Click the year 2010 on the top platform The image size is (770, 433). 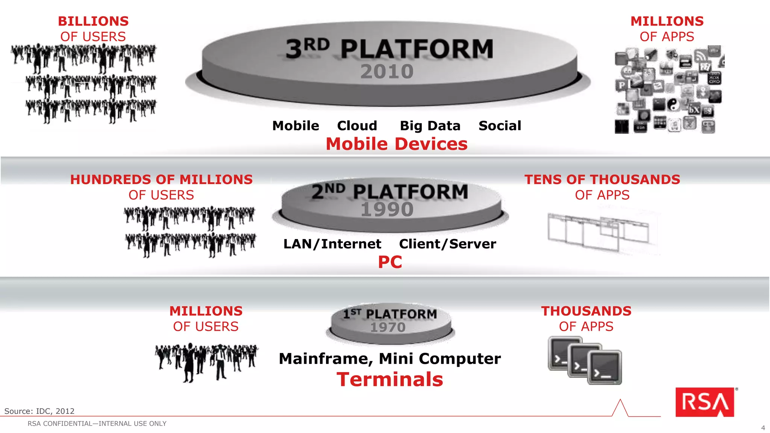tap(387, 71)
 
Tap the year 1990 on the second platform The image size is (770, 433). tap(387, 209)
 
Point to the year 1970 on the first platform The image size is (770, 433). tap(388, 327)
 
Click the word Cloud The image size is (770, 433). tap(357, 126)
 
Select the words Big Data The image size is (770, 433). tap(430, 126)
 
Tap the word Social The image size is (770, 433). tap(500, 126)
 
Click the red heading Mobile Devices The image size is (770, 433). tap(396, 144)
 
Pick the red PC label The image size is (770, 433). tap(390, 262)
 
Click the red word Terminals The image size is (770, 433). tap(390, 379)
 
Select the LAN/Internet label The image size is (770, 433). tap(332, 244)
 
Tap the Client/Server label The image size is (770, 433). tap(447, 244)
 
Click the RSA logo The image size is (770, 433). tap(705, 402)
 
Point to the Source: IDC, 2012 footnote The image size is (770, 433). tap(39, 411)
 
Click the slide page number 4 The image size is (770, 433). tap(763, 428)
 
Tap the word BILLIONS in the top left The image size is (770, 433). tap(93, 21)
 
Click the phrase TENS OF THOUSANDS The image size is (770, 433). tap(602, 180)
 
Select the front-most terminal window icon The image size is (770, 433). tap(605, 368)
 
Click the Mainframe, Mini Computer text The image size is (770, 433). tap(390, 359)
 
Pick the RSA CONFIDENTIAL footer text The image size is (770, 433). tap(97, 424)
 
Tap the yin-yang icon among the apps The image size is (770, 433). tap(673, 104)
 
